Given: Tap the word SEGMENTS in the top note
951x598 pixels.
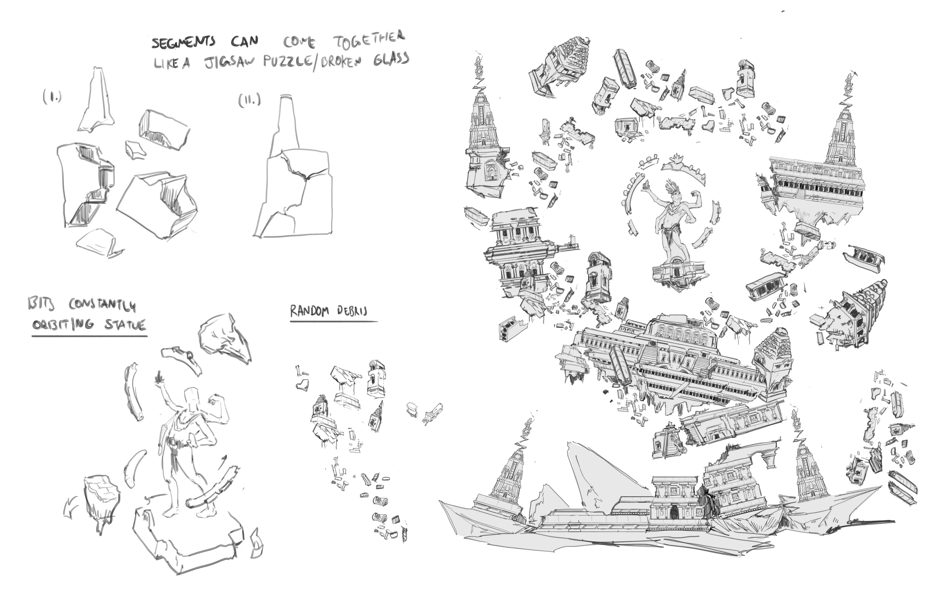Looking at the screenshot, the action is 184,42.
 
